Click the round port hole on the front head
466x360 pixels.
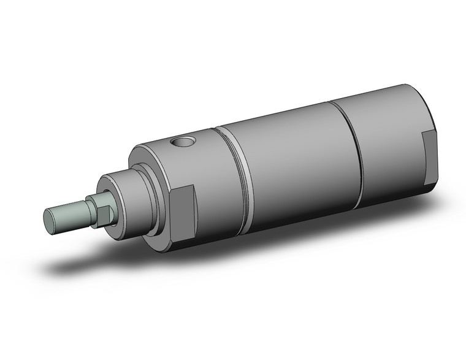[183, 143]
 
